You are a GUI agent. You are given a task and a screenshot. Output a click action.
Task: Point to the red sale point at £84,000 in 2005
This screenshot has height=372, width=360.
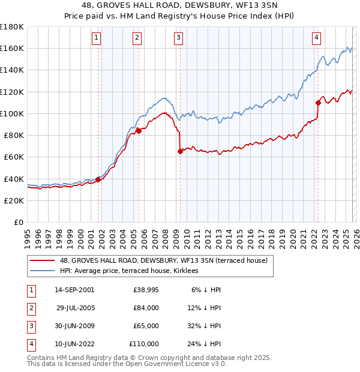[139, 130]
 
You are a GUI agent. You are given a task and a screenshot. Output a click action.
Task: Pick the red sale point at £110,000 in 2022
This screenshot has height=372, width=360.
[318, 103]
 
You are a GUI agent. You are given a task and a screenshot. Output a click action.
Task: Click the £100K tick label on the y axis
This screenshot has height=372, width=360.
[12, 113]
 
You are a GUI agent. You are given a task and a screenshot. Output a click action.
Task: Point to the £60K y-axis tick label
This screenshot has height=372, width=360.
[14, 157]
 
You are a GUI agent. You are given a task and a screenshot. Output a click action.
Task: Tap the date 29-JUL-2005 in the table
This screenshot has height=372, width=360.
[76, 308]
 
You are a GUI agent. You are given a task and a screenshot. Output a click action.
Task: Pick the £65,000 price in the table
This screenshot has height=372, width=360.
[144, 326]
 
